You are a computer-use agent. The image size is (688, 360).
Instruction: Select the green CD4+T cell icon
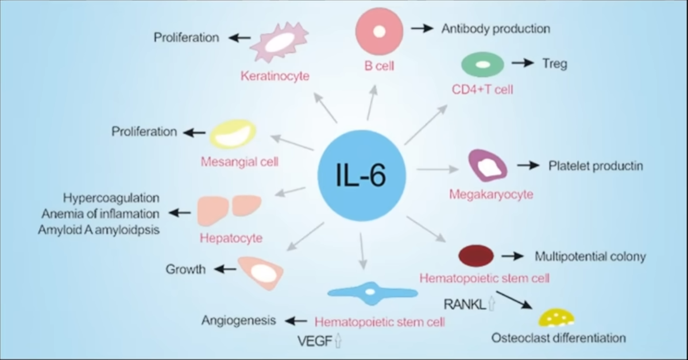pos(482,64)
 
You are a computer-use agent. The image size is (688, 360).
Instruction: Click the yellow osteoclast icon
pos(556,318)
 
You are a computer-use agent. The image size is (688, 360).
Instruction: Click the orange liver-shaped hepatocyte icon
pos(230,210)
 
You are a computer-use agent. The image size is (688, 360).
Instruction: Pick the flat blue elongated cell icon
pos(372,292)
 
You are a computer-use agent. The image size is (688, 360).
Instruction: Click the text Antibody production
pos(496,28)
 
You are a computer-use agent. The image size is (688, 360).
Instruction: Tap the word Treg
pos(554,63)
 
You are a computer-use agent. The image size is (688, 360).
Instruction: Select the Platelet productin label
pos(596,166)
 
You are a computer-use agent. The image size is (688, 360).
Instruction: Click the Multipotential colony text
pos(590,256)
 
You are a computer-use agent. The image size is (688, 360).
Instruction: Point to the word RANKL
pos(464,304)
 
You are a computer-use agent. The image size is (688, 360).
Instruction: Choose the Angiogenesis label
pos(239,320)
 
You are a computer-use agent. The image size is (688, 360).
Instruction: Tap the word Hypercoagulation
pos(111,198)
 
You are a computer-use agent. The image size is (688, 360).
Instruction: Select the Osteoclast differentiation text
pos(558,338)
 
